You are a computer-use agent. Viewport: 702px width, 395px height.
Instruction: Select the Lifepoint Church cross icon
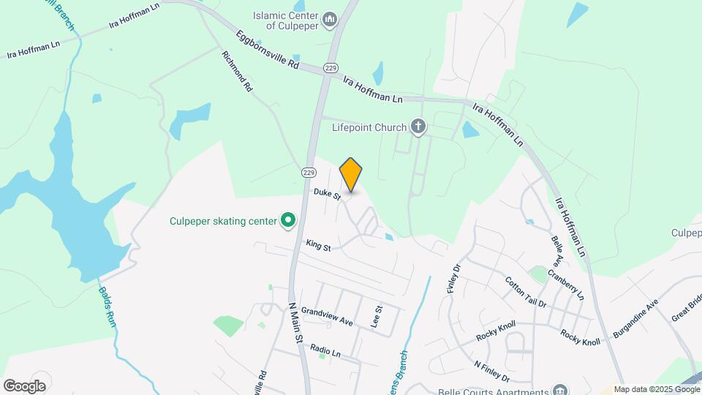click(x=418, y=128)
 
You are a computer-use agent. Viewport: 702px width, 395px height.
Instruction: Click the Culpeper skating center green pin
click(x=288, y=219)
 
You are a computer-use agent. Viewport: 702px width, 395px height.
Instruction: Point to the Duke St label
click(x=328, y=195)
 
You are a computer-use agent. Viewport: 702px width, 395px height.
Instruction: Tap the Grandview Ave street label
click(x=327, y=316)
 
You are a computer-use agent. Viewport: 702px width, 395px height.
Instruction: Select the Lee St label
click(x=378, y=316)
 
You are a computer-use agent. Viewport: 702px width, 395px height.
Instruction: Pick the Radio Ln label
click(x=325, y=351)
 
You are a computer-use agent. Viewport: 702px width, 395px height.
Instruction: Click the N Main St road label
click(x=295, y=323)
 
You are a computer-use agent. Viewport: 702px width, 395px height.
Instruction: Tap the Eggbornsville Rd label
click(x=268, y=49)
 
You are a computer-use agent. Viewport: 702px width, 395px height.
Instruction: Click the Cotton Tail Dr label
click(x=526, y=291)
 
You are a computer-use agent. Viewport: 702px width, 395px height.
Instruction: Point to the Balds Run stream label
click(x=107, y=306)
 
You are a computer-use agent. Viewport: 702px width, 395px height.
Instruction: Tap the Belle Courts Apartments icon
click(x=560, y=389)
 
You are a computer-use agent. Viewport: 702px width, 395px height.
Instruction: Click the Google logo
click(x=24, y=386)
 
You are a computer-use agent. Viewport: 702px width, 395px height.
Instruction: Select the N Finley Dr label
click(x=491, y=372)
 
